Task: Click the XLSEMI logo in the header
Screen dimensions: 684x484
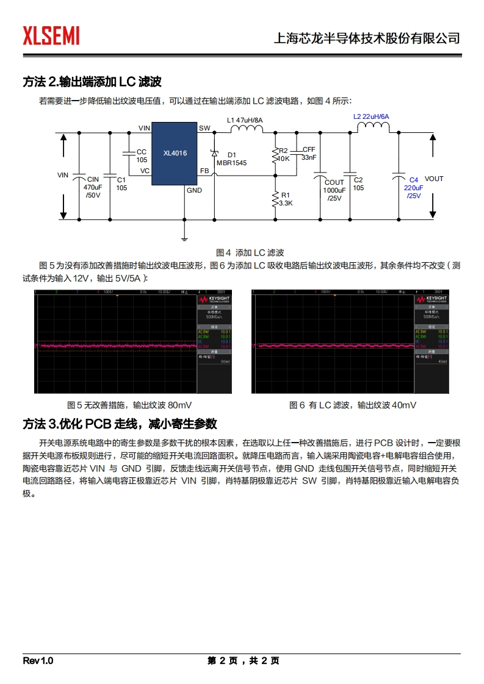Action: pos(51,36)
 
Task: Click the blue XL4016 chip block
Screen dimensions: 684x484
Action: pos(175,154)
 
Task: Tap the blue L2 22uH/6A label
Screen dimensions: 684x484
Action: pos(371,116)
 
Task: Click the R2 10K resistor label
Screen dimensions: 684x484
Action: pos(283,154)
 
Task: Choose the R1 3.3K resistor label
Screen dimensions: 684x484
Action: pos(286,199)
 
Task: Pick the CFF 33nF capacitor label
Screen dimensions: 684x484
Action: pos(309,153)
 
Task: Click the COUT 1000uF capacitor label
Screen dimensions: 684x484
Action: pos(334,190)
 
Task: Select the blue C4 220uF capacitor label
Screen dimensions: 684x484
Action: pos(413,188)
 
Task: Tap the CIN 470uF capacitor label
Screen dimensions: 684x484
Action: pos(93,187)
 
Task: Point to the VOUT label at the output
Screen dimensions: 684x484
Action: pos(434,179)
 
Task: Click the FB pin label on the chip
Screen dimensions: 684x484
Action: pos(204,171)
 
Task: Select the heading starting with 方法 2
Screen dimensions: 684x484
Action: pos(92,82)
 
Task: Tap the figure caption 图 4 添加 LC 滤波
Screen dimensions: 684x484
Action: pos(250,252)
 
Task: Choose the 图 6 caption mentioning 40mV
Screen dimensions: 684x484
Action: pos(353,405)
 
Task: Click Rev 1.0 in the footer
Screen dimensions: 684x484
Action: pos(38,661)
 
